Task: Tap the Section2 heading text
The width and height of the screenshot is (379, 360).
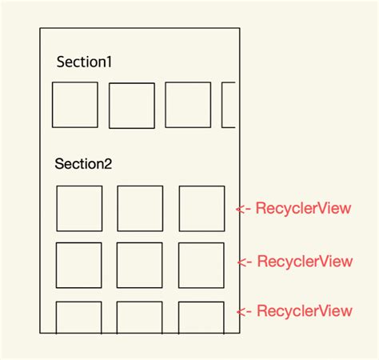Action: coord(83,164)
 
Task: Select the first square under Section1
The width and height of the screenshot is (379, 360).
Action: coord(75,105)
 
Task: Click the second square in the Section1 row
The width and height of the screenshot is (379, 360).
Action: coord(131,106)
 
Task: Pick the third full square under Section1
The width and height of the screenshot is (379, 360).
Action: coord(188,105)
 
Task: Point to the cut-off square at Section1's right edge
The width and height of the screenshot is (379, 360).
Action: coord(229,105)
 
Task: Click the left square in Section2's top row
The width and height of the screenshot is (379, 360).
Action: coord(79,209)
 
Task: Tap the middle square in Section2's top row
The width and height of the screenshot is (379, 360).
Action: coord(140,209)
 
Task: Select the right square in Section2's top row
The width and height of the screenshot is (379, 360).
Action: coord(201,209)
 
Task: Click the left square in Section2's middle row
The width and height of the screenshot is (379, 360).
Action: coord(78,265)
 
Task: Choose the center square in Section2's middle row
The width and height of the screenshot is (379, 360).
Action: coord(139,265)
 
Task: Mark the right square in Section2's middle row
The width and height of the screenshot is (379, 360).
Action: coord(201,265)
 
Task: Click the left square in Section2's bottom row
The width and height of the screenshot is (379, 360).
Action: coord(78,318)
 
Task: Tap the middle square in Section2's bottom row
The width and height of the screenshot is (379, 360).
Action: coord(139,318)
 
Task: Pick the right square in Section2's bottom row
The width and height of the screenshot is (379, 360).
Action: coord(201,318)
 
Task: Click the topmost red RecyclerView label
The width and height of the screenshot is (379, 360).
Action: coord(304,209)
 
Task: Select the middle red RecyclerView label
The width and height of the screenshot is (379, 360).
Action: coord(305,262)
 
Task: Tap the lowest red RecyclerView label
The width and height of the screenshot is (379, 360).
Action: coord(305,311)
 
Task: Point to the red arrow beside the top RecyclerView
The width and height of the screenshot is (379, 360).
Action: coord(244,210)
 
